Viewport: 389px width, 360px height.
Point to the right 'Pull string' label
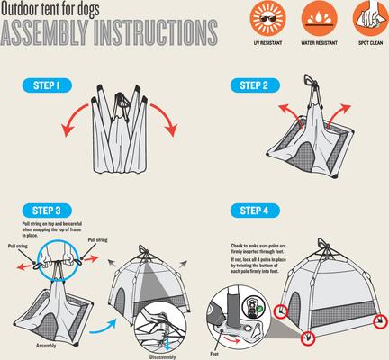tap(100, 240)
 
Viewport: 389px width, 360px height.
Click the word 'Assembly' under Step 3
tap(49, 345)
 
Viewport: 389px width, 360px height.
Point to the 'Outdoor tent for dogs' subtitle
tap(50, 9)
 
